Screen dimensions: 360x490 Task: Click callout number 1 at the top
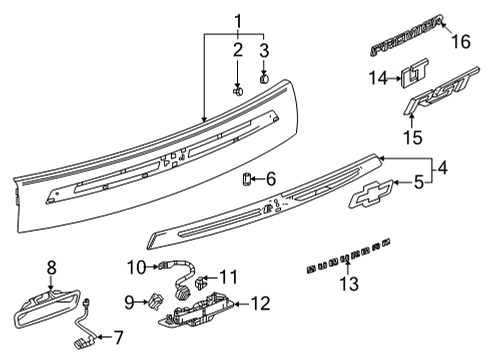238,19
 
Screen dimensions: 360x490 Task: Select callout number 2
237,50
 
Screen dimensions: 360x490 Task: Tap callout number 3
265,50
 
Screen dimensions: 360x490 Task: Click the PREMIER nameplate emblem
406,46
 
